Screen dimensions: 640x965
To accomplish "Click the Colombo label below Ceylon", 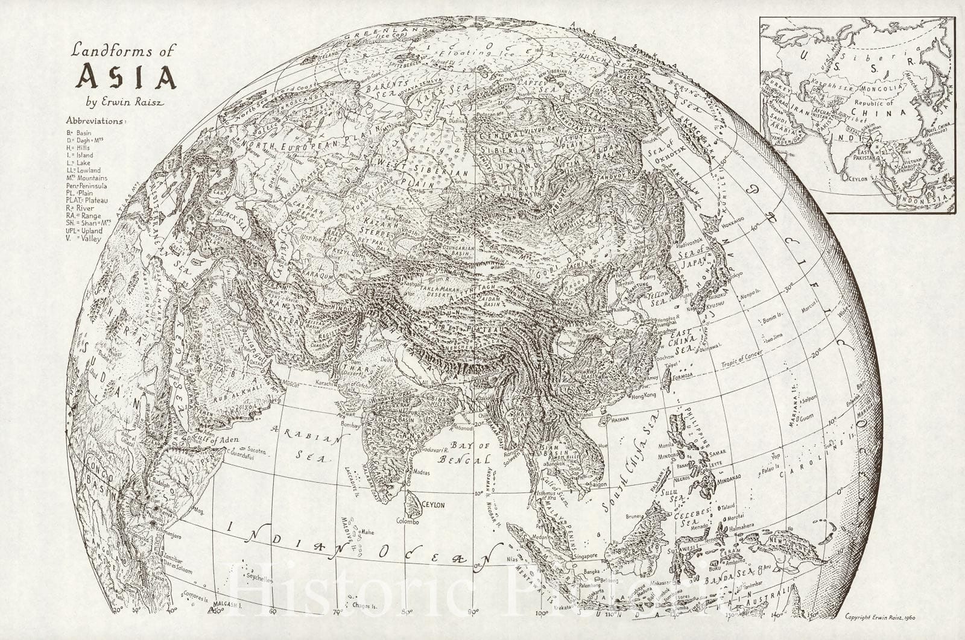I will tap(407, 521).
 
